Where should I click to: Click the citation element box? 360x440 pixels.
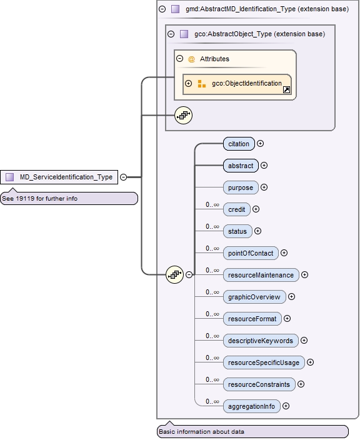(239, 144)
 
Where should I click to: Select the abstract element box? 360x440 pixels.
(241, 166)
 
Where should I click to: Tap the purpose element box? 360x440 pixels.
(241, 187)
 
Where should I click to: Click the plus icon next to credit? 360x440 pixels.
(256, 209)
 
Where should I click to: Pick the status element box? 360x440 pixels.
(237, 231)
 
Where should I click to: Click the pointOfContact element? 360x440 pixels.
(250, 253)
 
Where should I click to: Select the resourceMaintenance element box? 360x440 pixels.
(261, 275)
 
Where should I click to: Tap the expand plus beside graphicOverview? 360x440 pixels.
(291, 297)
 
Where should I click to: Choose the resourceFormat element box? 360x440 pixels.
(252, 319)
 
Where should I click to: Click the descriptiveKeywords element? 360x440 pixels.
(260, 341)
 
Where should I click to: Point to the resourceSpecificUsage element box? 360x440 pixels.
(263, 362)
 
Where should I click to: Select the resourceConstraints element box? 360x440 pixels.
(259, 384)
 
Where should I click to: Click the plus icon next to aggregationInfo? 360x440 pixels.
(286, 406)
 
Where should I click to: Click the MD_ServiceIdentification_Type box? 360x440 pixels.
(59, 177)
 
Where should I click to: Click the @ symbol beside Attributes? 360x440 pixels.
(191, 59)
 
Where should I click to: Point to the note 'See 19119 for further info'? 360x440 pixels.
(69, 199)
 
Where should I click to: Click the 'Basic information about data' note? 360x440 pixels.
(252, 431)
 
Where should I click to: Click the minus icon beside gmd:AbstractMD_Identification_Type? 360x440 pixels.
(162, 9)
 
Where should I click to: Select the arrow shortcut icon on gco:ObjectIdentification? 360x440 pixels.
(286, 90)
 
